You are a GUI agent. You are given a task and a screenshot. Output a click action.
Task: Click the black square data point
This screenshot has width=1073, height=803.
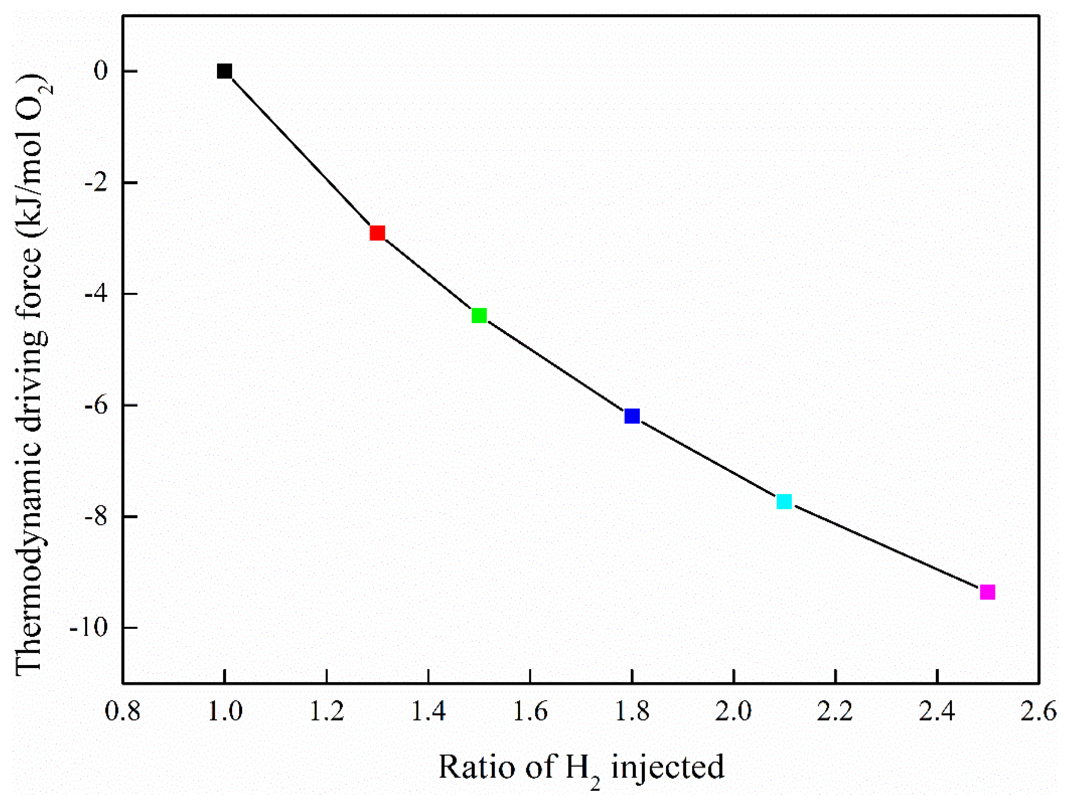(224, 71)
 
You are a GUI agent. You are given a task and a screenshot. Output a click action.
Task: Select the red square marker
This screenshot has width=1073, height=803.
(377, 233)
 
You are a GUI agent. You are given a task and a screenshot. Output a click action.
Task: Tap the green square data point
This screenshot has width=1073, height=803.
(479, 316)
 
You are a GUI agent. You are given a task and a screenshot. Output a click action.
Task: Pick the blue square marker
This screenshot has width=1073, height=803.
(632, 416)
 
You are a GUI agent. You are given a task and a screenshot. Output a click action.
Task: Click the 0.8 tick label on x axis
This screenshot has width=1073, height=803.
(123, 712)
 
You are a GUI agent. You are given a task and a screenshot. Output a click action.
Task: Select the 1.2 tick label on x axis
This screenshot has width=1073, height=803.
(327, 712)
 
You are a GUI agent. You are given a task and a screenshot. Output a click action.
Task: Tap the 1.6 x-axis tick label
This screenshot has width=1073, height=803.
(530, 712)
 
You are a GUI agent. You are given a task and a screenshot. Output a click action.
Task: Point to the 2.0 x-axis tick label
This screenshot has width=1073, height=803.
(734, 712)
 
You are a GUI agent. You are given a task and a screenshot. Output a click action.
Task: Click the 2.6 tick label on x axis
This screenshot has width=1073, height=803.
(1039, 712)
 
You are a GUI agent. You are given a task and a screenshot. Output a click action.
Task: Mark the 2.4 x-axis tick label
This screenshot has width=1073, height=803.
(937, 712)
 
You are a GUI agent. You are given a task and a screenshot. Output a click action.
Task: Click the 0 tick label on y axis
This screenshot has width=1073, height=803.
(101, 71)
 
